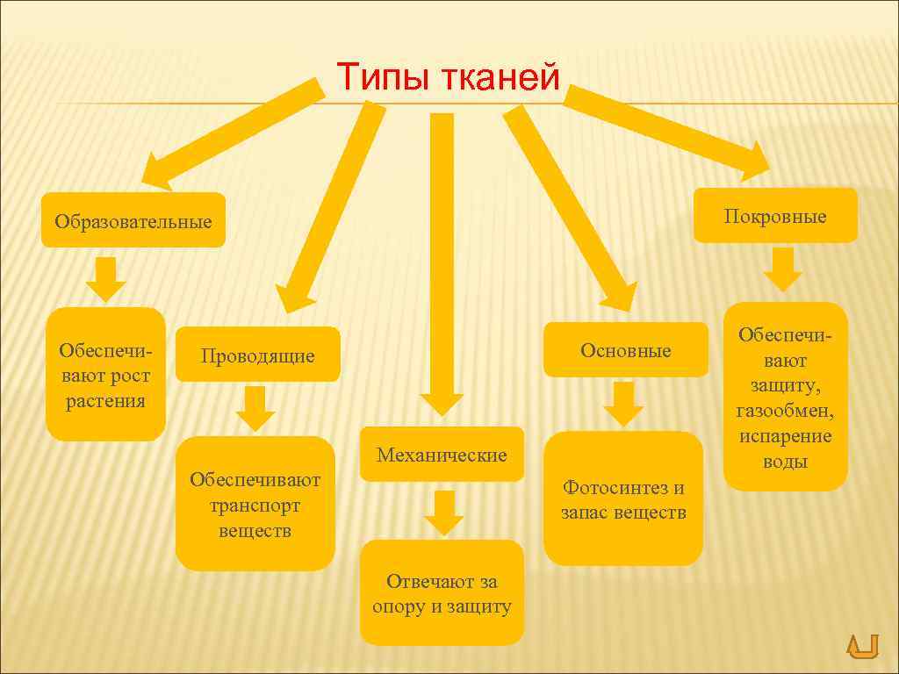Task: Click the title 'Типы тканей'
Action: tap(449, 77)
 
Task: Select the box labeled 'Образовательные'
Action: tap(133, 220)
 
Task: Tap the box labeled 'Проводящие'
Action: tap(257, 355)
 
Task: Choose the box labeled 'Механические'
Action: tap(442, 455)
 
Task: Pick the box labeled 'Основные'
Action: tap(625, 350)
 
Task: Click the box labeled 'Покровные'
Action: tap(775, 216)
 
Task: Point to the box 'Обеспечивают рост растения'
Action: tap(105, 375)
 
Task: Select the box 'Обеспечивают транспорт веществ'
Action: tap(255, 505)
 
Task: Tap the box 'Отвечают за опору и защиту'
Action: tap(442, 593)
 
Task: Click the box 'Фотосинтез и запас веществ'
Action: tap(623, 499)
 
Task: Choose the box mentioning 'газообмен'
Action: tap(785, 398)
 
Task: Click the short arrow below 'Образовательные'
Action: tap(106, 279)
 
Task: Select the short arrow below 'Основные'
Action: tap(623, 404)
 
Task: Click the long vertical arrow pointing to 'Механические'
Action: tap(442, 263)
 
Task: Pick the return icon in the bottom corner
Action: tap(861, 646)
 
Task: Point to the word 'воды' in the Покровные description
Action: tap(785, 462)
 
